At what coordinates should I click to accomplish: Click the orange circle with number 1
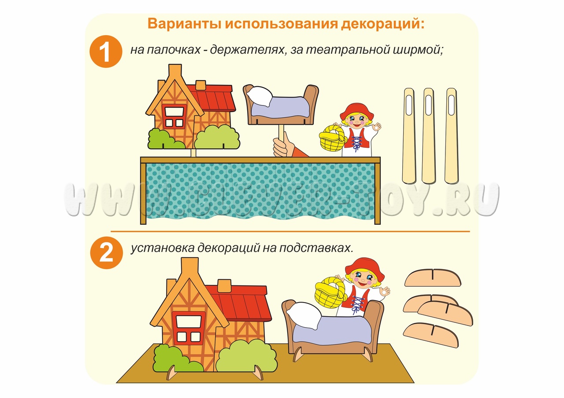point(106,51)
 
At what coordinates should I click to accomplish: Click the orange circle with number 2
point(106,253)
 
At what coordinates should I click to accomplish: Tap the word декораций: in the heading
point(383,24)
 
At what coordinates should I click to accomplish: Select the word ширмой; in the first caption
point(418,50)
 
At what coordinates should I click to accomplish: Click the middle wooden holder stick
point(428,136)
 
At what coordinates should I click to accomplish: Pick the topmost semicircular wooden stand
point(432,278)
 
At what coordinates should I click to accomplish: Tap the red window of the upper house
point(174,117)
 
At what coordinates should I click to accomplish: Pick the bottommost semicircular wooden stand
point(431,336)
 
